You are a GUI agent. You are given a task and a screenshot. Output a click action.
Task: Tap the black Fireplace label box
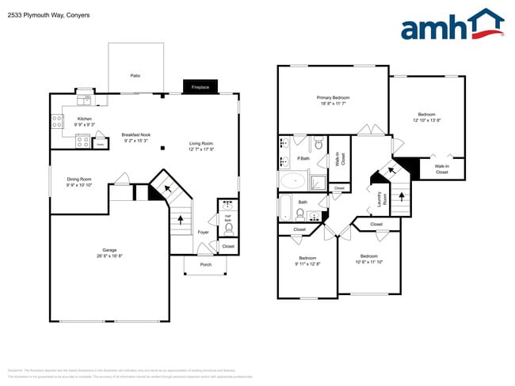coord(199,87)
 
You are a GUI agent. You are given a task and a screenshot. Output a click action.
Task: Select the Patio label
coord(135,75)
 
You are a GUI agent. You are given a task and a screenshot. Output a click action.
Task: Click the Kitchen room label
coord(85,122)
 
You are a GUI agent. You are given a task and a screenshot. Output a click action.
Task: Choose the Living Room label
coord(201,146)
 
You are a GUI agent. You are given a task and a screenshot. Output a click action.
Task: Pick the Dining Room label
coord(79,182)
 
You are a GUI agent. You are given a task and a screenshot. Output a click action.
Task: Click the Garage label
coord(109,253)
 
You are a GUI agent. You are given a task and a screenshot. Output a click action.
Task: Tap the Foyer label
coord(204,232)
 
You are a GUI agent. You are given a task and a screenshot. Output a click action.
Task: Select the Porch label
coord(205,264)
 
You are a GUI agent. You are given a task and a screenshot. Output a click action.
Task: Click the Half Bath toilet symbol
coord(228,229)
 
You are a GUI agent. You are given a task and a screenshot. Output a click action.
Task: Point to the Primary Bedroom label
coord(333,100)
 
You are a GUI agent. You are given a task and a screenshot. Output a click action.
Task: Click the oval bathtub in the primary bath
coord(292,180)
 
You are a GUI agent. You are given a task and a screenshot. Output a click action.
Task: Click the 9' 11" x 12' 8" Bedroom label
coord(307,262)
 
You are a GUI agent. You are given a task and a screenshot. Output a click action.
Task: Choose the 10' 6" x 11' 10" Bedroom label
coord(369,259)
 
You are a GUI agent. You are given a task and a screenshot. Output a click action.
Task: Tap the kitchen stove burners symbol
coord(58,122)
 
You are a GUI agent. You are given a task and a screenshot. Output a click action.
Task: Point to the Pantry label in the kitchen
coord(100,145)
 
